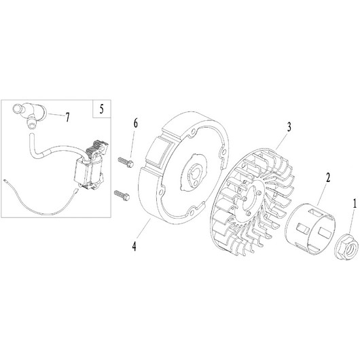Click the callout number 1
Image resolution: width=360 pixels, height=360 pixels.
[355, 204]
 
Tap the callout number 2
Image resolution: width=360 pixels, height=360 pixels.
[328, 177]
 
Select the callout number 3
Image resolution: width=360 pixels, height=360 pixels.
[289, 127]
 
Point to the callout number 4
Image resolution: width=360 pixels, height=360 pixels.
[134, 247]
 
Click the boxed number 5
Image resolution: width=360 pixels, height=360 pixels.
[101, 109]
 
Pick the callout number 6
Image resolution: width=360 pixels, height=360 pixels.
[136, 124]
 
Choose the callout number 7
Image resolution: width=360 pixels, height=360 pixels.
[67, 118]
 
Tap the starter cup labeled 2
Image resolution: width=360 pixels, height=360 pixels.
[310, 230]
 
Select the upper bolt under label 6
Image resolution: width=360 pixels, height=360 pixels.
[126, 162]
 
